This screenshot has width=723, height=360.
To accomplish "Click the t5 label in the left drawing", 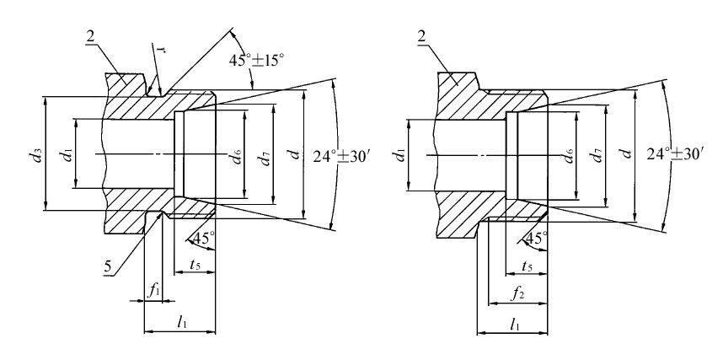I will [194, 264].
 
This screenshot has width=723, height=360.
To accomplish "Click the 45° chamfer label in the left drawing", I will [203, 238].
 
